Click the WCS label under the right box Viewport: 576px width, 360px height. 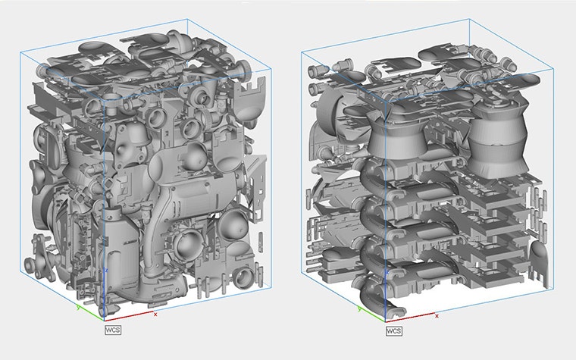(393, 330)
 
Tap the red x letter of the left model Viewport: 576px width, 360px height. (155, 313)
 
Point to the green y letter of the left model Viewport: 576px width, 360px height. (78, 308)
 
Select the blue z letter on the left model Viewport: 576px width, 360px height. (108, 270)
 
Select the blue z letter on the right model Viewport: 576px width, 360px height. (388, 271)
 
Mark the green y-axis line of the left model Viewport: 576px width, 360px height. (91, 312)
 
